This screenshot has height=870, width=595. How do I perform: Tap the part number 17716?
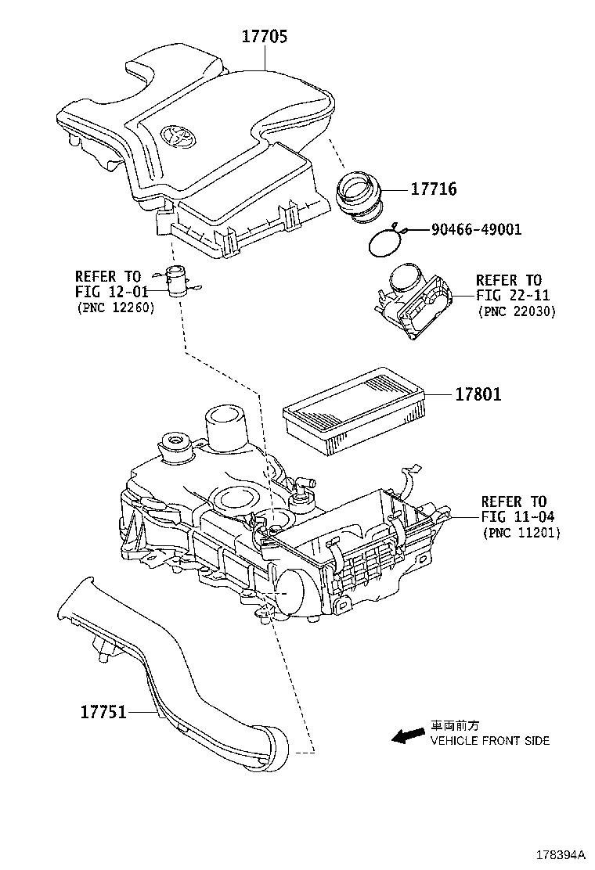[x=433, y=190]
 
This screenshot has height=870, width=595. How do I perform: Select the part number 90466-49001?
[x=475, y=229]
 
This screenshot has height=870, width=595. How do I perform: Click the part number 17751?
[x=103, y=713]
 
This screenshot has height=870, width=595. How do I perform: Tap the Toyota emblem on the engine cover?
[x=178, y=135]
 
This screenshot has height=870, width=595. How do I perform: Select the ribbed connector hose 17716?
[x=361, y=196]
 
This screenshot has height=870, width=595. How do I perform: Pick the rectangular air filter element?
[x=355, y=411]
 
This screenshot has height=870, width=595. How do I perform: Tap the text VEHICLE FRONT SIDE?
[x=489, y=740]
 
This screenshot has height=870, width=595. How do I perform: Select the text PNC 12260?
[x=115, y=307]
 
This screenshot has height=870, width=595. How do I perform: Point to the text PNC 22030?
[x=516, y=311]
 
